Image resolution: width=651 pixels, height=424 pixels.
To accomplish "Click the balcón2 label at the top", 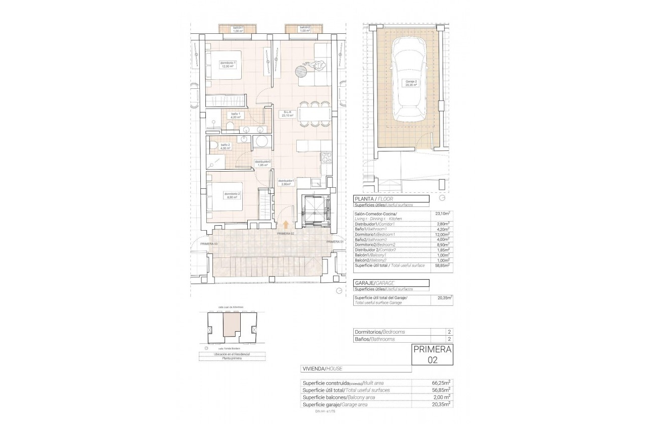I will point(304,29).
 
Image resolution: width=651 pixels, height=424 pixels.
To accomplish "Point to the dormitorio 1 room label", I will point(228,65).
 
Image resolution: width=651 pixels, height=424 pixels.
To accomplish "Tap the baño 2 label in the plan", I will point(225,146).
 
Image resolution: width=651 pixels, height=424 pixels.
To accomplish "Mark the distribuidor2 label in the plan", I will point(262,163).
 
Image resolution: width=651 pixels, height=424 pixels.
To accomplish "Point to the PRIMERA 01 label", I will point(335,242).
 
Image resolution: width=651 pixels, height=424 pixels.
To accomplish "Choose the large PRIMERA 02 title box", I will point(432,354).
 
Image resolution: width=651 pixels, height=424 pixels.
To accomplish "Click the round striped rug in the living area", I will point(304,70).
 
